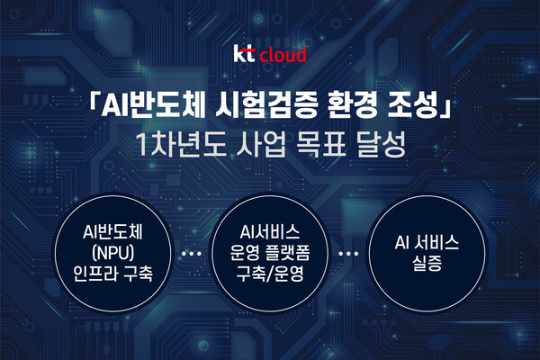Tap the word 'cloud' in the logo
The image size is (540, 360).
pyautogui.click(x=283, y=56)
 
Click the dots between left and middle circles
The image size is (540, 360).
pyautogui.click(x=191, y=255)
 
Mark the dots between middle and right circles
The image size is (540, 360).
pyautogui.click(x=346, y=255)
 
